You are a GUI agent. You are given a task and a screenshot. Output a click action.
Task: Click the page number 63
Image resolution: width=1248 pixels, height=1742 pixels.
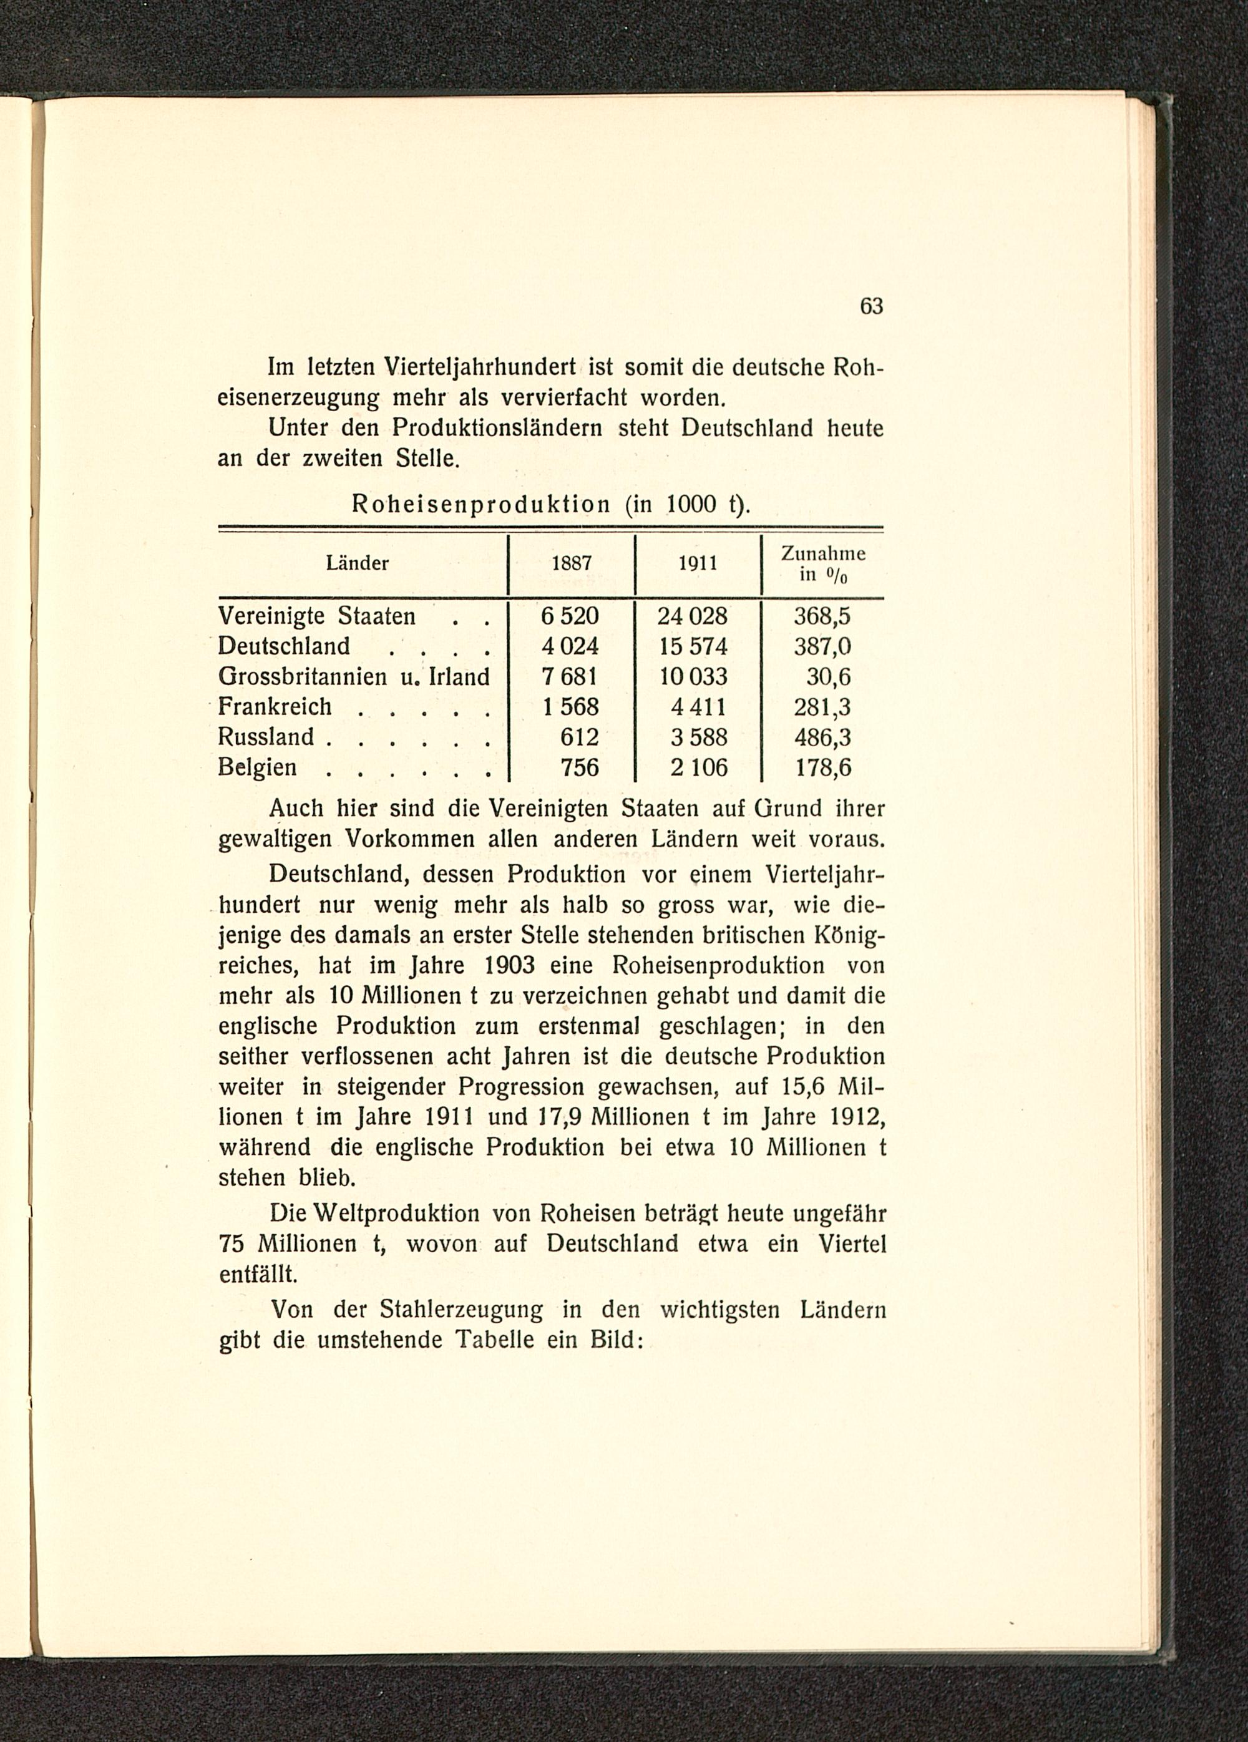(x=872, y=306)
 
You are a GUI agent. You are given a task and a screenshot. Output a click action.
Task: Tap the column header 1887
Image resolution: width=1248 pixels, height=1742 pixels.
(x=572, y=564)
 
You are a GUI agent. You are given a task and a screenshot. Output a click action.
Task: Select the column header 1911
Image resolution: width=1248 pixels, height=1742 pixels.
(x=698, y=564)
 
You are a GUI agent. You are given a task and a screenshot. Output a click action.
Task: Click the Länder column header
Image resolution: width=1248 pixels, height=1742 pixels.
(x=358, y=564)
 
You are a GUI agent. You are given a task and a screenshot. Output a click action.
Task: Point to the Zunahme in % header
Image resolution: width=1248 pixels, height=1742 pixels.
(x=822, y=564)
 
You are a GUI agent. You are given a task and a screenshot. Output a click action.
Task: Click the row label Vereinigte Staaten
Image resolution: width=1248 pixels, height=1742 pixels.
(x=317, y=616)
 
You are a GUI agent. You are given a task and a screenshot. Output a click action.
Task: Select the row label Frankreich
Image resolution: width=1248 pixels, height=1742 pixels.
(x=275, y=707)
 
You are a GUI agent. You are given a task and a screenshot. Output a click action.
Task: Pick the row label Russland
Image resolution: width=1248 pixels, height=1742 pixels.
(x=266, y=737)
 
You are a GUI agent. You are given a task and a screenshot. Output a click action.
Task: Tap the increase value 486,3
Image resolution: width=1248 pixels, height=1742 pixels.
(x=822, y=737)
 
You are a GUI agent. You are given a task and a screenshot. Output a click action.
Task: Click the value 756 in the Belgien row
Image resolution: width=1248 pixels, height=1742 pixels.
(x=580, y=767)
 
